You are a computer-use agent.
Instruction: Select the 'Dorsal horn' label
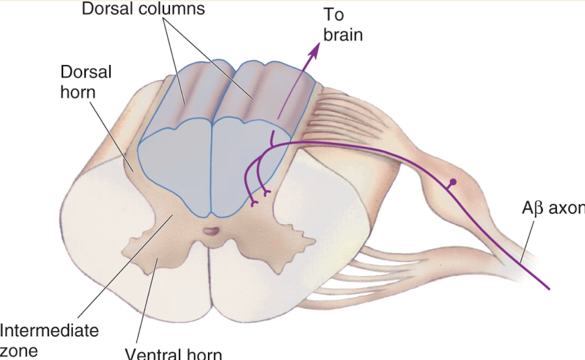click(86, 81)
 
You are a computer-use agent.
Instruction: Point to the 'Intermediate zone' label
click(49, 340)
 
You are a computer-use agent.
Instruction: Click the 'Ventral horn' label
click(173, 354)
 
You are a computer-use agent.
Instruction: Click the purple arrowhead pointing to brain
click(316, 48)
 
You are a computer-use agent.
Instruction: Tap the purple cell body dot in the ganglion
click(453, 182)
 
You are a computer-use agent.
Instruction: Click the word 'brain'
click(343, 35)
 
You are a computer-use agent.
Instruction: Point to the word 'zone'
click(18, 351)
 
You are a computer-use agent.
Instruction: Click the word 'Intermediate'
click(49, 331)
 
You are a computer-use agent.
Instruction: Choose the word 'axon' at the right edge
click(566, 209)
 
